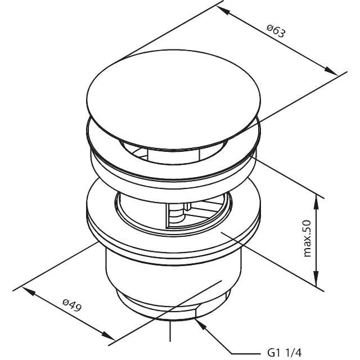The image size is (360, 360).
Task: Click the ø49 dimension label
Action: [x=72, y=308]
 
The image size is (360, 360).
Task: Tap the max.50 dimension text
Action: [x=307, y=238]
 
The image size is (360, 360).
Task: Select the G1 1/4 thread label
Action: [x=285, y=352]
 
